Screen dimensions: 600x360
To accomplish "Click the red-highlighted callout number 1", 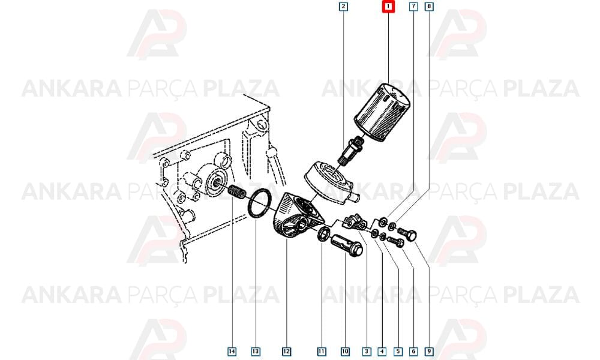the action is pyautogui.click(x=388, y=7).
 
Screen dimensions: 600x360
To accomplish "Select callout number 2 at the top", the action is pyautogui.click(x=343, y=7).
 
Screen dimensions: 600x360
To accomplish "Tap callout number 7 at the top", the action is pyautogui.click(x=413, y=7).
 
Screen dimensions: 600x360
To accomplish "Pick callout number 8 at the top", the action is pyautogui.click(x=429, y=7).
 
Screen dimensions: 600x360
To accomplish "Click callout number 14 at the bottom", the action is pyautogui.click(x=232, y=351).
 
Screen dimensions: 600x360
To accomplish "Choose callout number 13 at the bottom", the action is pyautogui.click(x=256, y=351).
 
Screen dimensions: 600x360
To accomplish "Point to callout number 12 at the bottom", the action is pyautogui.click(x=286, y=351).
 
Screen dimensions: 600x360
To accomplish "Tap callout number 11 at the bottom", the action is pyautogui.click(x=322, y=351).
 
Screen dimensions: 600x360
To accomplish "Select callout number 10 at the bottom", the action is pyautogui.click(x=345, y=351).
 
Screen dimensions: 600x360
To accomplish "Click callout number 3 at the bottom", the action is pyautogui.click(x=367, y=351).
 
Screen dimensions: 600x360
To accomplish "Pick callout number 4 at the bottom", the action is pyautogui.click(x=382, y=351).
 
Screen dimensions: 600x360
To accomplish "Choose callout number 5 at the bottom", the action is pyautogui.click(x=398, y=351).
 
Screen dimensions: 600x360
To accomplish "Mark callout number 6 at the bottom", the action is pyautogui.click(x=413, y=351).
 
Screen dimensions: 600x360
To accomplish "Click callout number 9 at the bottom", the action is pyautogui.click(x=429, y=351).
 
